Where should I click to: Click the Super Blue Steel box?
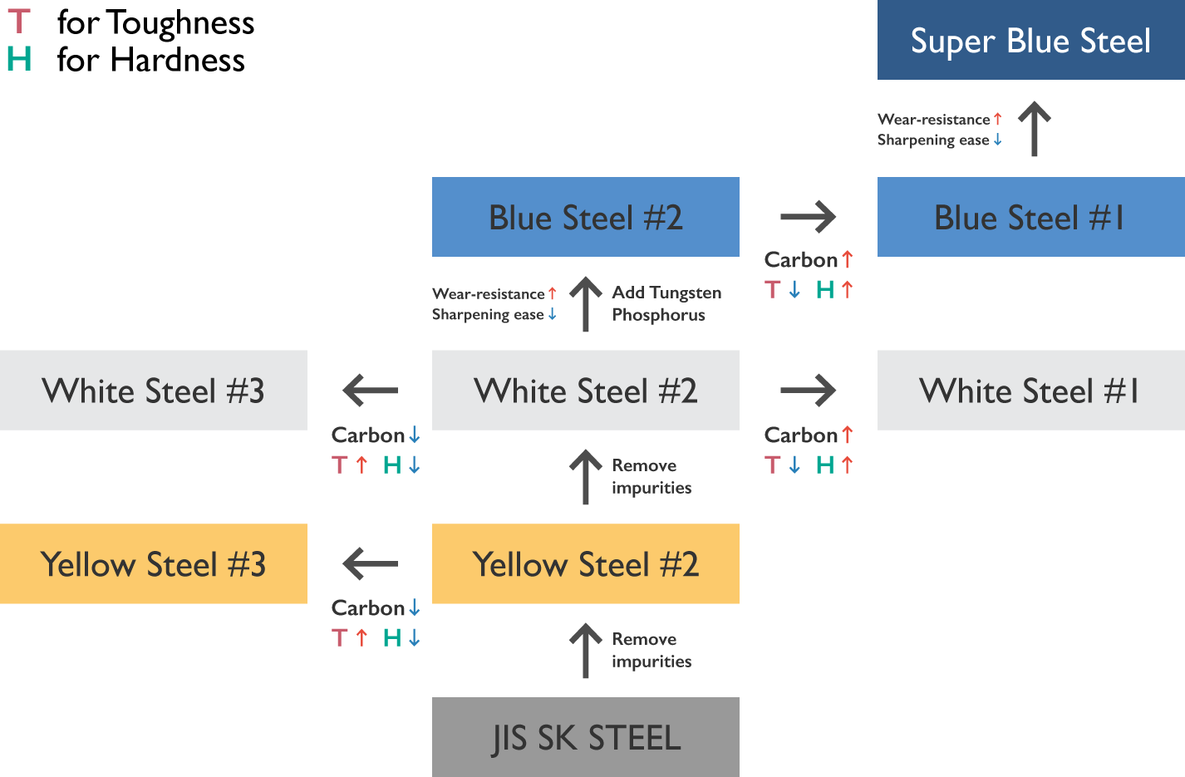pos(1030,40)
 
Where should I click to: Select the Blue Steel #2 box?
pos(585,217)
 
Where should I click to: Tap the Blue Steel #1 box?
pos(1030,217)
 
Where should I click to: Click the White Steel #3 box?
pos(154,391)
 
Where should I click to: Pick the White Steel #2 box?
pos(585,391)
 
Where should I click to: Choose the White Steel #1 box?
pos(1030,391)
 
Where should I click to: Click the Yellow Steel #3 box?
pos(154,564)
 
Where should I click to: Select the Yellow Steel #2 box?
pos(585,564)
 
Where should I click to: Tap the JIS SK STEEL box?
pos(585,737)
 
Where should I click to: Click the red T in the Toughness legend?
pos(19,22)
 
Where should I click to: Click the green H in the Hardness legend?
pos(19,59)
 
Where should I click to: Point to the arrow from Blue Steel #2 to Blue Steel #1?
pos(808,217)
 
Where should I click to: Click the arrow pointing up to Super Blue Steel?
pos(1034,129)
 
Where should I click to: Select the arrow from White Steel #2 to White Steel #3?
pos(371,390)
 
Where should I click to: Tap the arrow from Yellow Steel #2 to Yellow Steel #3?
pos(371,563)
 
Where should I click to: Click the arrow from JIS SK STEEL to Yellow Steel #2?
pos(585,651)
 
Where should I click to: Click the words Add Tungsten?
pos(666,293)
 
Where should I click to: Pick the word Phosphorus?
pos(658,315)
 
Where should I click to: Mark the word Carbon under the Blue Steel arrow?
pos(800,260)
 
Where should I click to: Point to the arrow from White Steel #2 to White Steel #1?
pos(808,390)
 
